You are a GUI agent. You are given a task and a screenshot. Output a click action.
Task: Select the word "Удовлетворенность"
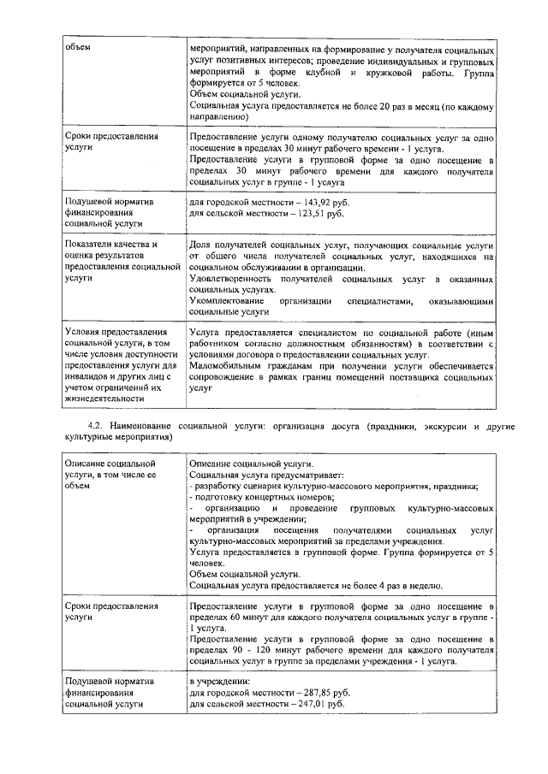pos(235,279)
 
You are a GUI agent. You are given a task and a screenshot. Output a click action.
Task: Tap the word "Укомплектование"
pos(229,301)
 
